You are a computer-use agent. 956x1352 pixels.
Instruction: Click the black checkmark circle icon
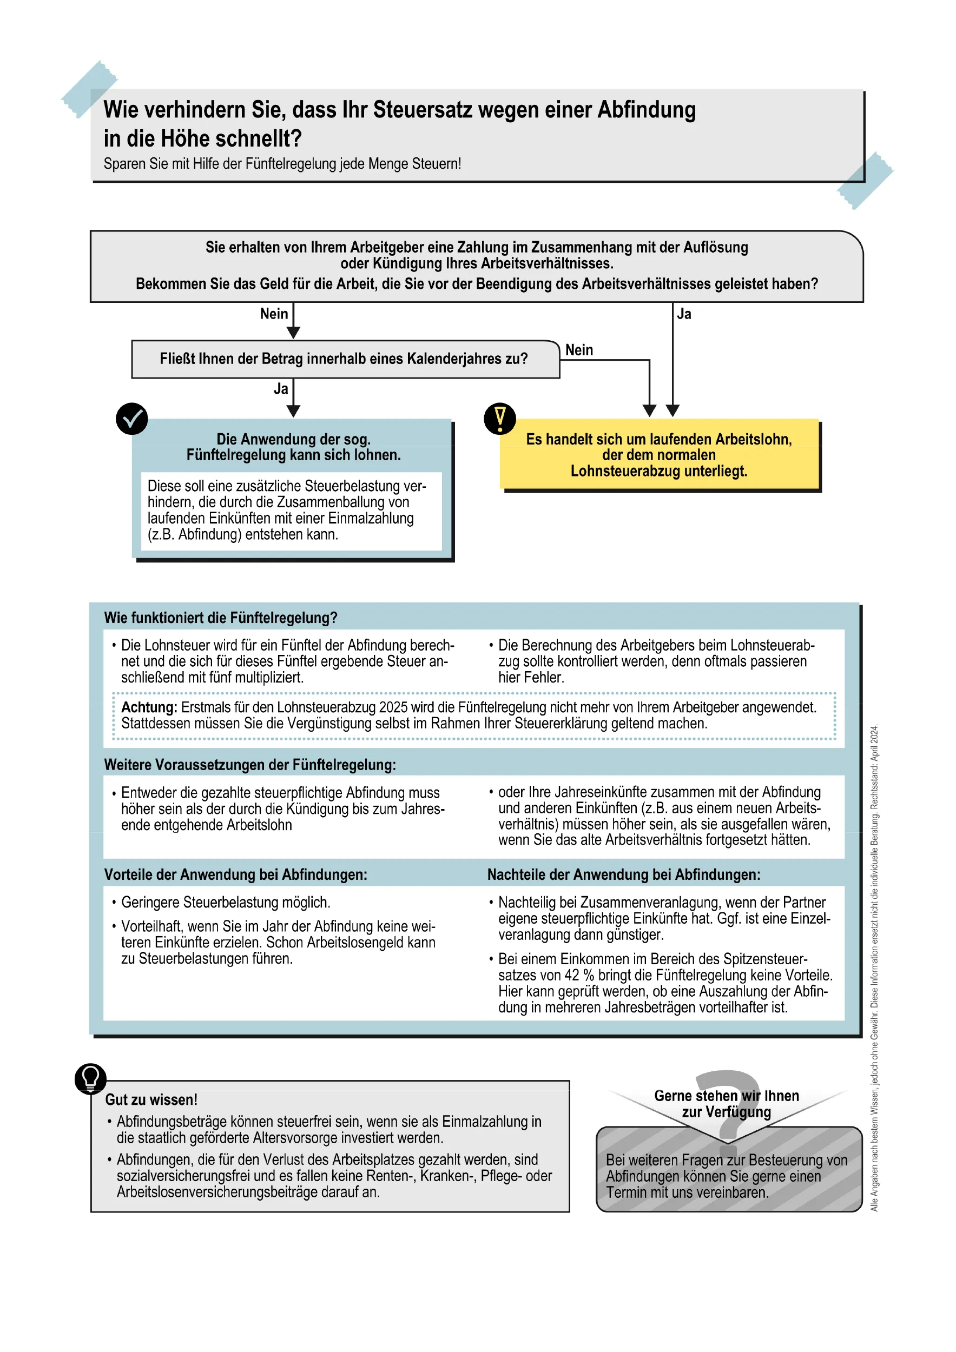(131, 419)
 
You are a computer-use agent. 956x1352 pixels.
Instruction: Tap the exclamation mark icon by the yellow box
(499, 419)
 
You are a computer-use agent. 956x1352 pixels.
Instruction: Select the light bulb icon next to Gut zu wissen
(90, 1079)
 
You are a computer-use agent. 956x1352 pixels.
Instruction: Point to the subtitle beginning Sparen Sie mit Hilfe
(282, 164)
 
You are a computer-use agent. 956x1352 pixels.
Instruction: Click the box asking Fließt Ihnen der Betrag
(345, 359)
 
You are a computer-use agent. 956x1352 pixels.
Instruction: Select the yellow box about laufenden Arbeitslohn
(658, 455)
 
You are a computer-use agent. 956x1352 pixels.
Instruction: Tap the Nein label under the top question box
(274, 314)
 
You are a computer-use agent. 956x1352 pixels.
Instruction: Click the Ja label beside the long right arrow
(684, 314)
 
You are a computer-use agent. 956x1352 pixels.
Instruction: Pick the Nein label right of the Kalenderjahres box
(579, 350)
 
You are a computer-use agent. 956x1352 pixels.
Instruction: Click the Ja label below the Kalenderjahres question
(281, 389)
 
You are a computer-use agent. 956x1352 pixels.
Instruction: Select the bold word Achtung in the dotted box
(149, 707)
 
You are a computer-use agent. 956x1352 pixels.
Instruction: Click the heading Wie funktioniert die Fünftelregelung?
(221, 618)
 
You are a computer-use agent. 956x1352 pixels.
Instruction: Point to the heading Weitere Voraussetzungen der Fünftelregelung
(250, 765)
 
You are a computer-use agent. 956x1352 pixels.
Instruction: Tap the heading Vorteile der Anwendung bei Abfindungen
(235, 874)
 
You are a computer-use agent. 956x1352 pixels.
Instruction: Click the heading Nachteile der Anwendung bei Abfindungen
(623, 874)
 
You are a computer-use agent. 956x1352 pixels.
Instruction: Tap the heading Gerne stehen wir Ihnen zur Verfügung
(726, 1104)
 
